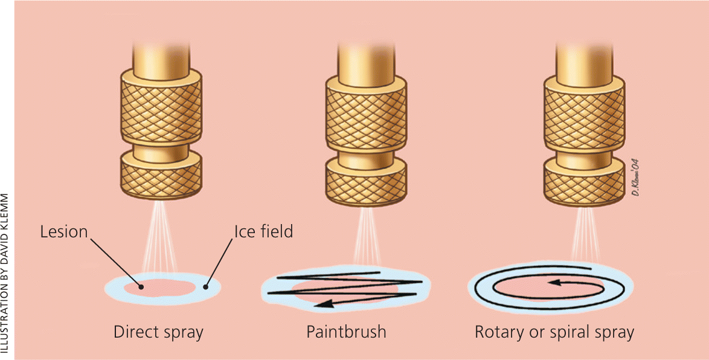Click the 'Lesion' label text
63,232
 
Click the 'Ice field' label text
263,232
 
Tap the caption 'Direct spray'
158,332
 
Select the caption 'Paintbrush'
346,332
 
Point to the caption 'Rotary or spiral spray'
554,332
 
